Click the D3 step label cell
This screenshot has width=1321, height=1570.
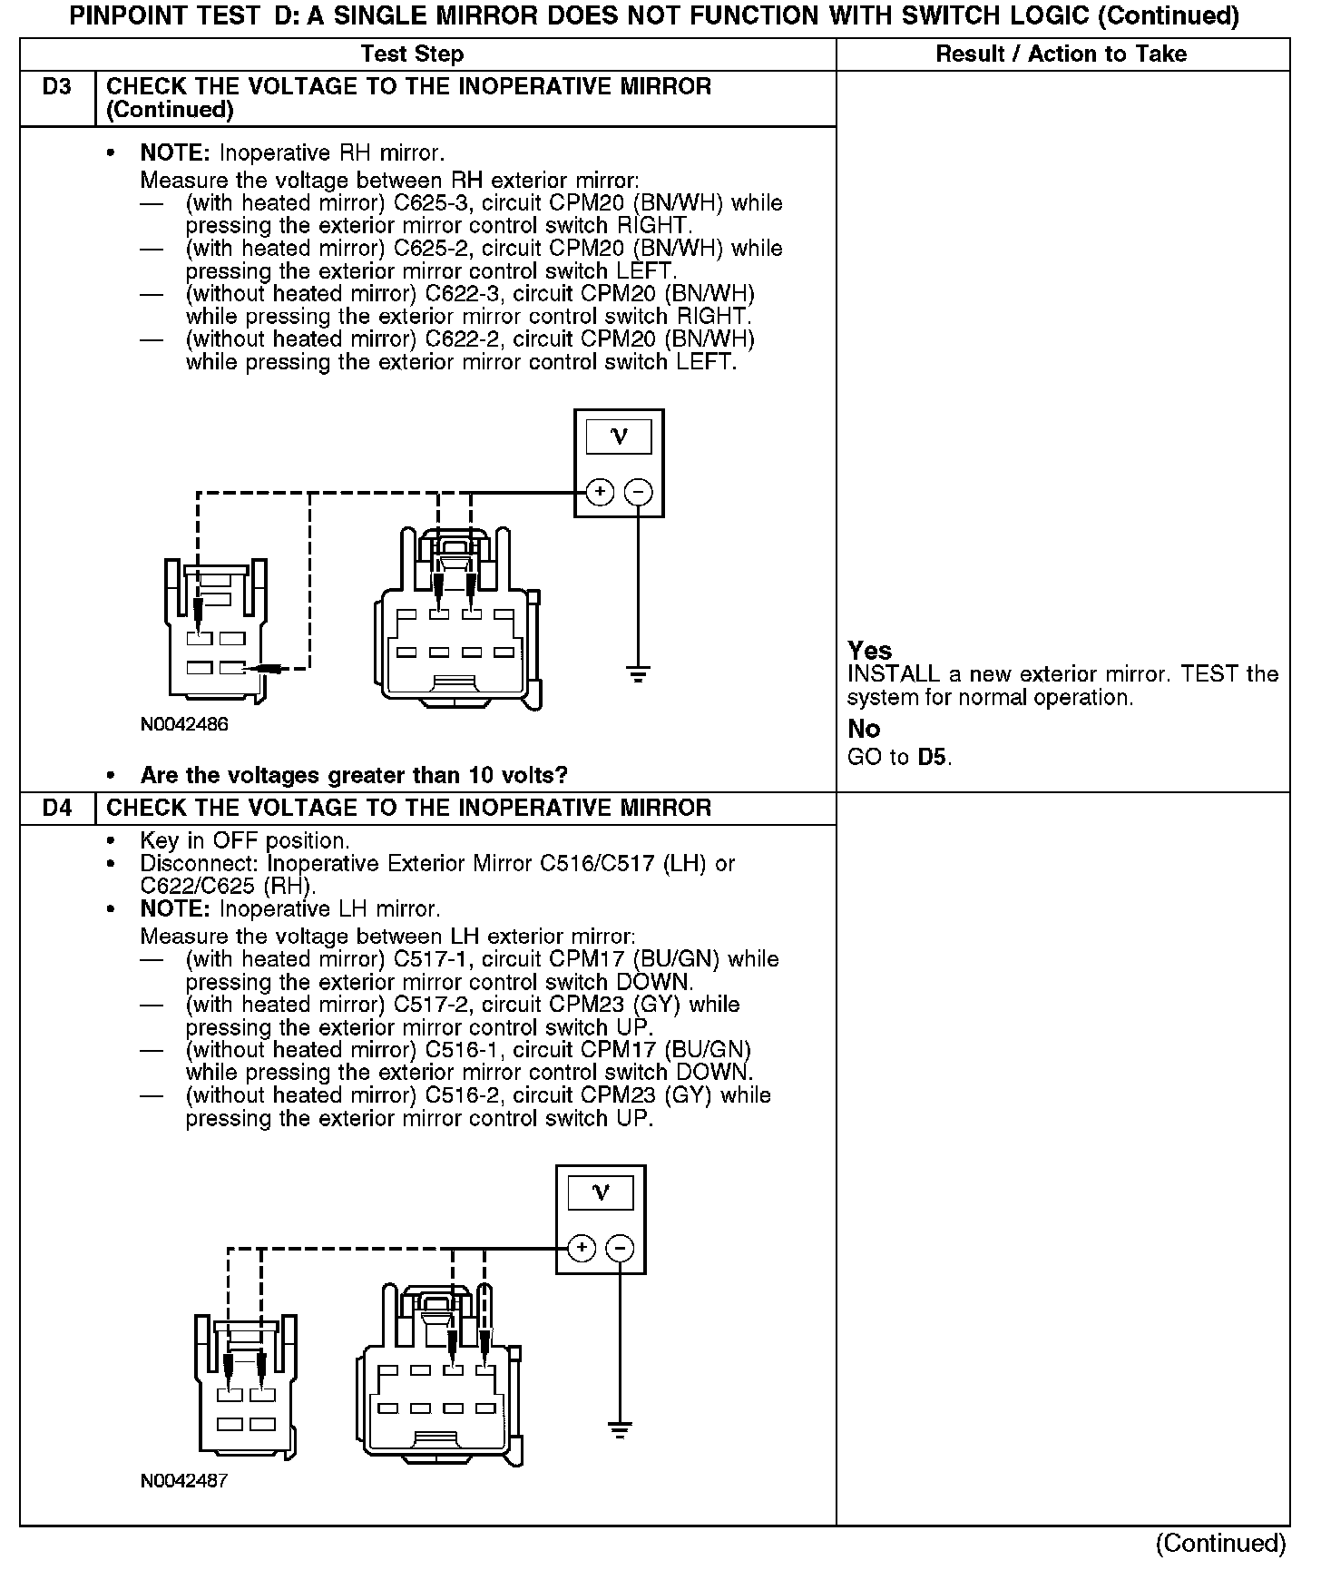[56, 88]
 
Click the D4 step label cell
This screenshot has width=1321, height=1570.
[56, 808]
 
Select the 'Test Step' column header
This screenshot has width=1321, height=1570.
[412, 54]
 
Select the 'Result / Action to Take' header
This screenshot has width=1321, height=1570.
[1061, 54]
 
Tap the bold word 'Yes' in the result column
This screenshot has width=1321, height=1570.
[869, 651]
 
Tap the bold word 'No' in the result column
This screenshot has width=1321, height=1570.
[863, 729]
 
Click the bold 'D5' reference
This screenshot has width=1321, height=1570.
[934, 757]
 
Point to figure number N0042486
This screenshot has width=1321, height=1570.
[184, 724]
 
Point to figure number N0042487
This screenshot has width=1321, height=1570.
[184, 1480]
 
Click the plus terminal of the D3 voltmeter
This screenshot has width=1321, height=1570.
[599, 493]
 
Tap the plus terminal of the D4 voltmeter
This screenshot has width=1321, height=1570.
[581, 1249]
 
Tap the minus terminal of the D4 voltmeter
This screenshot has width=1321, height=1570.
[621, 1249]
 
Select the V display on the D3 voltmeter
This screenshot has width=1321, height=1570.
[619, 437]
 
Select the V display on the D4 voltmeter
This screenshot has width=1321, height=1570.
[601, 1193]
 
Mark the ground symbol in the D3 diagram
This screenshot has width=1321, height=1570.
[639, 674]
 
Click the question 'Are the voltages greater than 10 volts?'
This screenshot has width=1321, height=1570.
[354, 775]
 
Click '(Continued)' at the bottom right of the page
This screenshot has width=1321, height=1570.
[1220, 1543]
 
